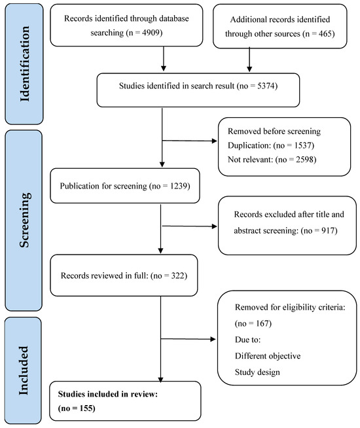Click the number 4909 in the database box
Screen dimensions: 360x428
point(151,33)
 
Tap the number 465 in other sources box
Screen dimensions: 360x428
point(325,34)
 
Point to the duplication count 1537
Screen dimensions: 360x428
point(302,145)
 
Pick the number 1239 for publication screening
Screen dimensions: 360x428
point(179,186)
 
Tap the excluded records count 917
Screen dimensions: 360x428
point(327,230)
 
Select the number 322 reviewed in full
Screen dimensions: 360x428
point(177,276)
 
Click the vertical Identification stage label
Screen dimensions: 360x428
point(24,64)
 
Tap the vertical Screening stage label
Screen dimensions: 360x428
point(25,220)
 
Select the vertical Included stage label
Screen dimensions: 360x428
point(24,370)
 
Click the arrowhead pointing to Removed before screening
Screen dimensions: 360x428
point(215,141)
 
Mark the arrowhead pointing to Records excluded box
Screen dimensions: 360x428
point(215,226)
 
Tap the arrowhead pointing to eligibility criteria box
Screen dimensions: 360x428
point(213,339)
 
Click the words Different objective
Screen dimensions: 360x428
point(268,356)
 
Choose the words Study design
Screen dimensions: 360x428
point(257,372)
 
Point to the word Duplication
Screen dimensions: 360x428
point(249,145)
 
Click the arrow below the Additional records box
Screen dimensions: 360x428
point(249,60)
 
